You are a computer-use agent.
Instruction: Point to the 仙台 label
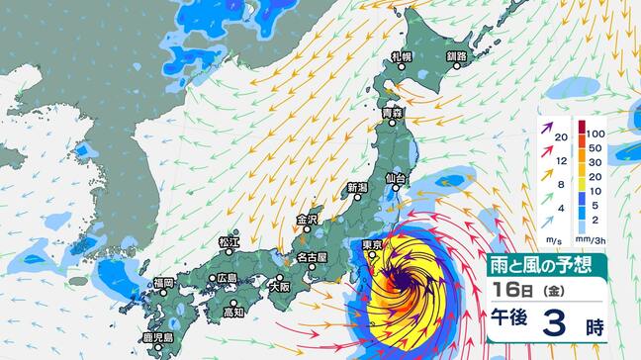pos(396,178)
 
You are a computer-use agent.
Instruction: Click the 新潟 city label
pos(357,187)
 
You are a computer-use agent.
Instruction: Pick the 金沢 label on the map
pos(307,220)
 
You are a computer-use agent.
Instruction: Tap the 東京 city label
pos(372,245)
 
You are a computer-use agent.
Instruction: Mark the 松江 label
pos(229,241)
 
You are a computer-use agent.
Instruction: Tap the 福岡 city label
pos(162,283)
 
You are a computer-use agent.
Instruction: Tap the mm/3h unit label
pos(598,240)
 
